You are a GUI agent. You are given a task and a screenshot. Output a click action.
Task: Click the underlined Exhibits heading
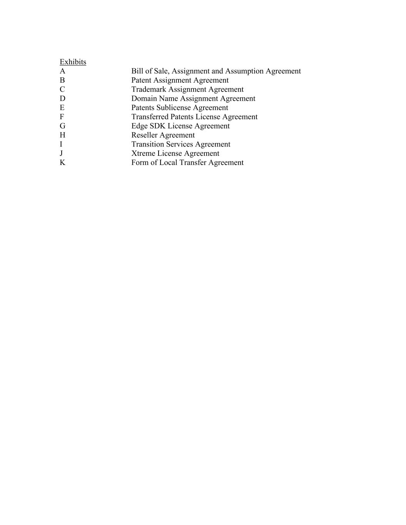(73, 62)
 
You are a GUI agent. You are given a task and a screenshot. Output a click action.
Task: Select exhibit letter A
(62, 71)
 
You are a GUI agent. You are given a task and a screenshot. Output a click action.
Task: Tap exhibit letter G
(62, 126)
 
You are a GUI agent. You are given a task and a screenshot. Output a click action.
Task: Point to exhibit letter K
(62, 163)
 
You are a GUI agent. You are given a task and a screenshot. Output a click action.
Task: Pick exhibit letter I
(61, 144)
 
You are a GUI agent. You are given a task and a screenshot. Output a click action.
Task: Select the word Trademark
(149, 90)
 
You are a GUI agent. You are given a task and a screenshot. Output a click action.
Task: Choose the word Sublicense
(174, 108)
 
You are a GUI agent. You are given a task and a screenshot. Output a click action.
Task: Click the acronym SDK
(157, 126)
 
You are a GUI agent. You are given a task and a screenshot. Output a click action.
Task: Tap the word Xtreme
(143, 153)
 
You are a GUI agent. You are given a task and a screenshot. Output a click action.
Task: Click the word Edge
(139, 126)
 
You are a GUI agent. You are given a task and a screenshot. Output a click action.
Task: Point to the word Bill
(137, 71)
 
